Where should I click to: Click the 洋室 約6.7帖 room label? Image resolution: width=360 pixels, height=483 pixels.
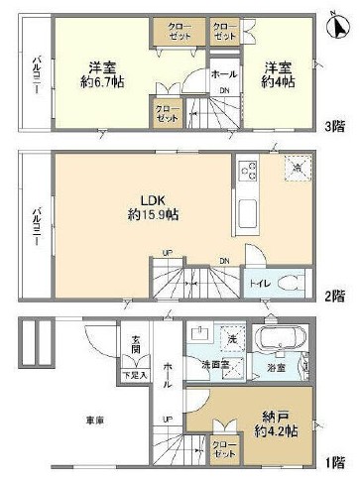pos(99,75)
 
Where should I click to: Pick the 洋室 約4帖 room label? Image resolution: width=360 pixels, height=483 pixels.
pos(277,75)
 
